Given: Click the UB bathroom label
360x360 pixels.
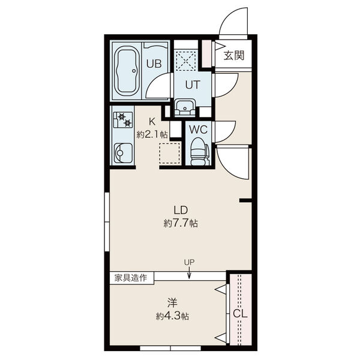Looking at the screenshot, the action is point(154,64).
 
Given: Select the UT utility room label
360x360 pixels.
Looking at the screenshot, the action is point(193,85).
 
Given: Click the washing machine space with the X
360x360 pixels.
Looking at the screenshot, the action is point(186,61).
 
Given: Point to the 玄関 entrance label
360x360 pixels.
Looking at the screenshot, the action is point(234,55).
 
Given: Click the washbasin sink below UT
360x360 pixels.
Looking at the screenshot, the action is point(185,107).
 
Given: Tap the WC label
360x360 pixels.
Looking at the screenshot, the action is point(199,130).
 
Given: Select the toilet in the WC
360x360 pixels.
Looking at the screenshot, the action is point(199,151).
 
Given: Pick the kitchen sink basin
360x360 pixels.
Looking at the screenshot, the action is point(123,152).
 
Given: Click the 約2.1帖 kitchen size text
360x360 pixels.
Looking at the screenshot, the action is point(152,134).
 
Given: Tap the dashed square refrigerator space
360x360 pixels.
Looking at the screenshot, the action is point(170,153).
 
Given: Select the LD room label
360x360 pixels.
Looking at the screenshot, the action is point(181,210).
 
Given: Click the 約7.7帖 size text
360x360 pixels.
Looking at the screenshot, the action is point(181,223).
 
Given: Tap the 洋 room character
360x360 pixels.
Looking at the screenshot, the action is point(172,303).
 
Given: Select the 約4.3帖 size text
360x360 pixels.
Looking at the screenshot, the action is point(172,317).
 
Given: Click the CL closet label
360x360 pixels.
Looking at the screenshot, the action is point(240,313).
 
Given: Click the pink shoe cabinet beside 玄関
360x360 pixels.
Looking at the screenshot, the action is point(206,54).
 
